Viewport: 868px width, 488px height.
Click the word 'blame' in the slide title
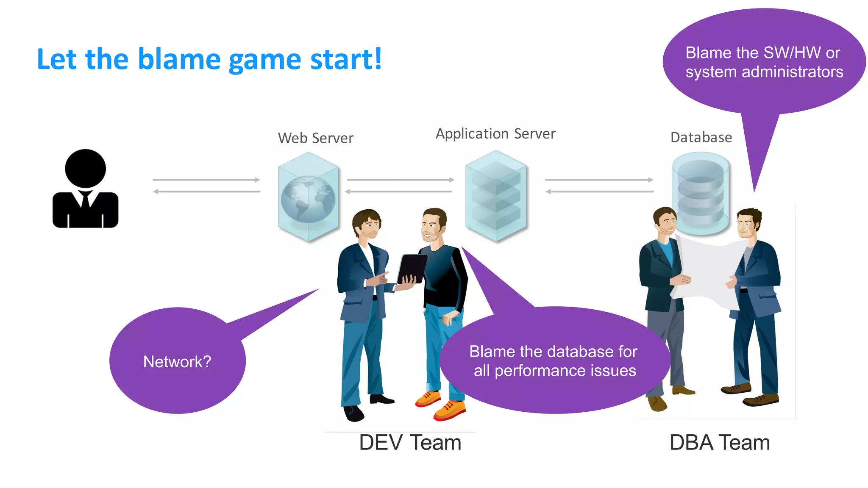pyautogui.click(x=178, y=59)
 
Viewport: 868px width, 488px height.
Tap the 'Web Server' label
pyautogui.click(x=316, y=138)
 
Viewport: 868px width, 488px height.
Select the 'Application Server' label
pyautogui.click(x=495, y=134)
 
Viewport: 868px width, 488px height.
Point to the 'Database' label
pyautogui.click(x=701, y=138)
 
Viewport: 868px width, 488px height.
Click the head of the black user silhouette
pyautogui.click(x=85, y=168)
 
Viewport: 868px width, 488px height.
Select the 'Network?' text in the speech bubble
pyautogui.click(x=177, y=362)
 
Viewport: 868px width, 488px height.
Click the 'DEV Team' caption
pyautogui.click(x=410, y=443)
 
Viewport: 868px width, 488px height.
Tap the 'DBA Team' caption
pyautogui.click(x=720, y=443)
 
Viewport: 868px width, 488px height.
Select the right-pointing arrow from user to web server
pyautogui.click(x=206, y=180)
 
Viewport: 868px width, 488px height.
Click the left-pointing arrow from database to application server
pyautogui.click(x=599, y=192)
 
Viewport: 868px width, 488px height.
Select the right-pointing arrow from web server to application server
pyautogui.click(x=401, y=180)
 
